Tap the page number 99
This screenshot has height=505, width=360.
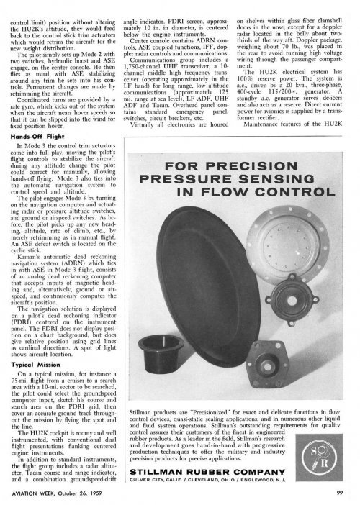(338, 492)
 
